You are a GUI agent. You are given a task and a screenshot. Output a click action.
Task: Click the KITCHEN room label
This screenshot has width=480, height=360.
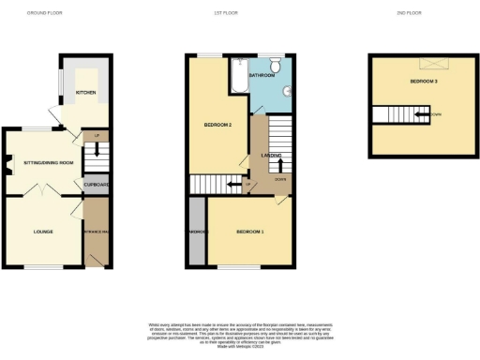85,93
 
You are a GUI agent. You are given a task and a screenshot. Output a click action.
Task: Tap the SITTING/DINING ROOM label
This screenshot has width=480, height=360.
47,162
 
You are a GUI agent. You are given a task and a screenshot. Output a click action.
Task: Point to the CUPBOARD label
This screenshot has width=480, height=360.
97,185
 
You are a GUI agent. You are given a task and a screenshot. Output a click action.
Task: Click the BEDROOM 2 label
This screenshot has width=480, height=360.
217,125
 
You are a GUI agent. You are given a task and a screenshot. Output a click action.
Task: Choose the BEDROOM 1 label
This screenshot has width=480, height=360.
249,231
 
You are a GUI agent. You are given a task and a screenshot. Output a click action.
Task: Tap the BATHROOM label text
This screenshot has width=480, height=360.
261,74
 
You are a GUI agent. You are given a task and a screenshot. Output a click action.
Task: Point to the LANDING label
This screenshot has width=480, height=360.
272,156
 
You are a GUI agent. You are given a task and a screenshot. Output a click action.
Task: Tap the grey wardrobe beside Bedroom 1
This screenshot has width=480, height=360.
197,231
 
